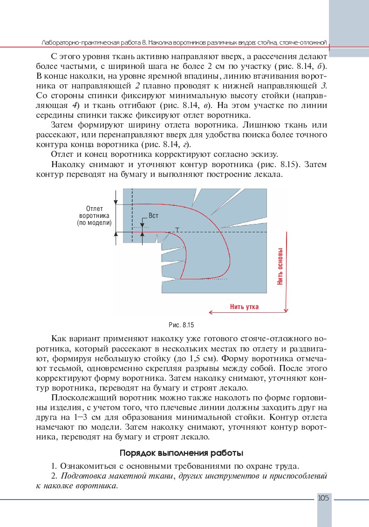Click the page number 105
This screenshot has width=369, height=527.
pyautogui.click(x=323, y=498)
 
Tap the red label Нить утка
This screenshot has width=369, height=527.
pyautogui.click(x=244, y=307)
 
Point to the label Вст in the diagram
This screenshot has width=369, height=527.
pyautogui.click(x=153, y=216)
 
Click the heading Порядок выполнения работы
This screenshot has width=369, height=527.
pyautogui.click(x=181, y=453)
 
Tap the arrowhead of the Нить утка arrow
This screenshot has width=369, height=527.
pyautogui.click(x=211, y=312)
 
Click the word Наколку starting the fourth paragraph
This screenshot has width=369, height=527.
pyautogui.click(x=67, y=165)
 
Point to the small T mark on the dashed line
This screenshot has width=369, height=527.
pyautogui.click(x=177, y=230)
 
